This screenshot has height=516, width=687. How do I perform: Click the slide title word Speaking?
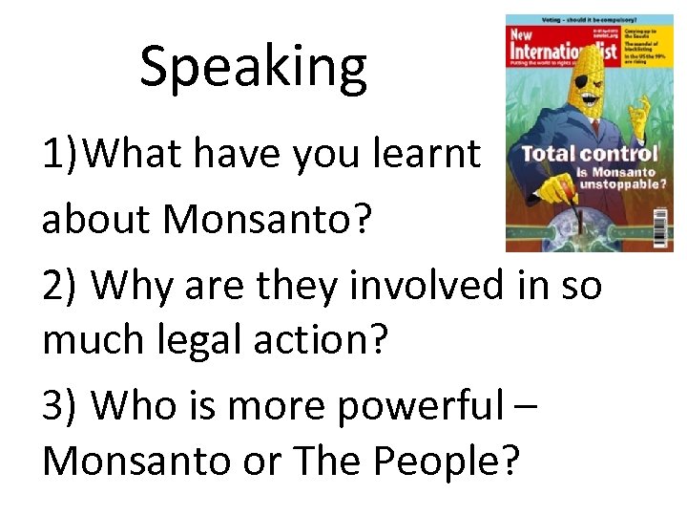coord(253,68)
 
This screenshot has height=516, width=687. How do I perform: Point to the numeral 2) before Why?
coord(59,285)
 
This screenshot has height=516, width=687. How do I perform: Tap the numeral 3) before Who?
coord(59,406)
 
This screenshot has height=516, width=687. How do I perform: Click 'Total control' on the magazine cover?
coord(589,152)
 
